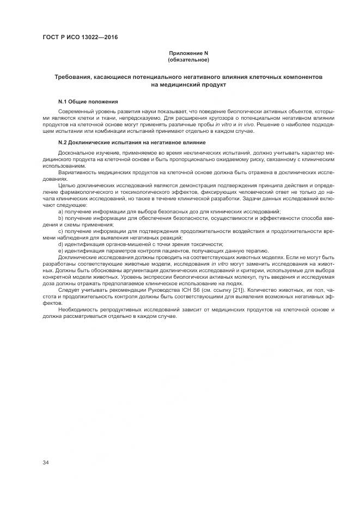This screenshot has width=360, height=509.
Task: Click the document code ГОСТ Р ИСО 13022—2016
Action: click(80, 38)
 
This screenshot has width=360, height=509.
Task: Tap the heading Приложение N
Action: click(188, 53)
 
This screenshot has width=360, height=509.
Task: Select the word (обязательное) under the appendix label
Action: click(188, 59)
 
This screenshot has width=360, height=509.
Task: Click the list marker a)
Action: click(60, 211)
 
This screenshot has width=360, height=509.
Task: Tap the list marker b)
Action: click(60, 217)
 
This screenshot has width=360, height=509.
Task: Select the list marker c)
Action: click(60, 231)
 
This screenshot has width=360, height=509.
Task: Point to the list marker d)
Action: click(60, 244)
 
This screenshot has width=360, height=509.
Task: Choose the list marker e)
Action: click(60, 250)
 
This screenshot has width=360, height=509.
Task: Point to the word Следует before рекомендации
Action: click(69, 290)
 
